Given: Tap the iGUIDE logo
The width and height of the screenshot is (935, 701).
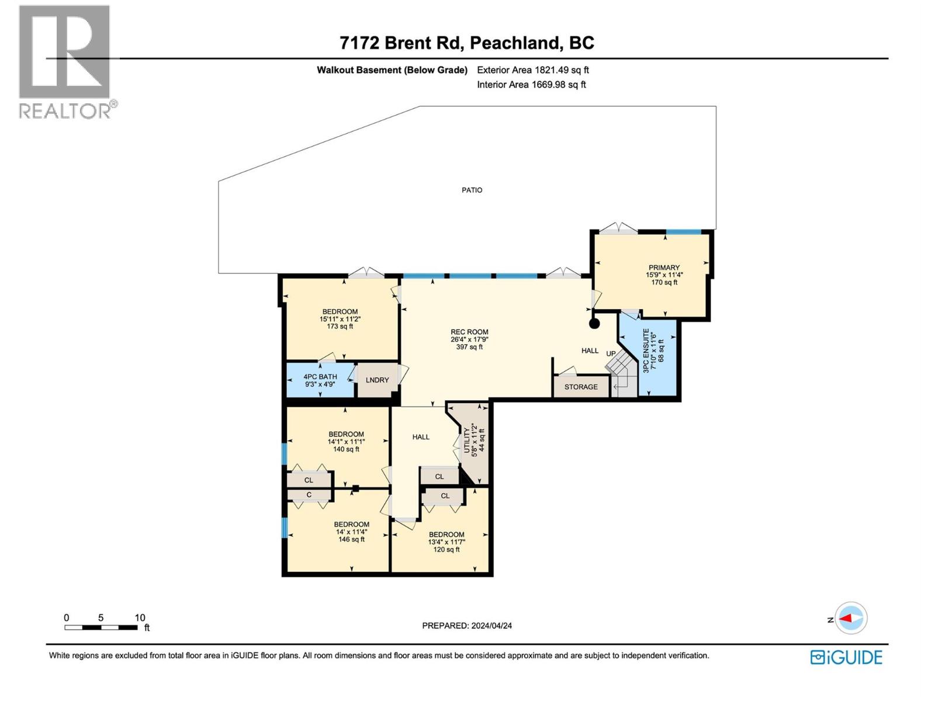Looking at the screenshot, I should click(846, 657).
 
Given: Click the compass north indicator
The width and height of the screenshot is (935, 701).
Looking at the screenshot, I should click(850, 618).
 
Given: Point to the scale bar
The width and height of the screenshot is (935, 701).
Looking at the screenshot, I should click(102, 627).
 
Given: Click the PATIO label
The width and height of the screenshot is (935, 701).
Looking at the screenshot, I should click(472, 190).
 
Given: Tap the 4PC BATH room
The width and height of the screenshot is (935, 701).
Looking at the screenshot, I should click(320, 380).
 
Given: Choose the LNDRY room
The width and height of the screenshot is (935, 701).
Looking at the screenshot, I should click(377, 380).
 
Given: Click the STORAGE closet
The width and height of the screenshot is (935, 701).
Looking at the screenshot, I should click(581, 387).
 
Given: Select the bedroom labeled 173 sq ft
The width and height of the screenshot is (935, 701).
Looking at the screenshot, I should click(340, 318).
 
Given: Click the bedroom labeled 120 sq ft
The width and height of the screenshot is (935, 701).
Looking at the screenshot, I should click(446, 542).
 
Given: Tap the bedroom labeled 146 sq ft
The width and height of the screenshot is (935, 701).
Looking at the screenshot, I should click(351, 532).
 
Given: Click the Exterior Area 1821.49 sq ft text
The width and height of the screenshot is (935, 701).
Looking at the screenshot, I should click(532, 70).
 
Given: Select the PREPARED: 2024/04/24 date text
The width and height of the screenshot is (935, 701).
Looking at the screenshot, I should click(467, 626).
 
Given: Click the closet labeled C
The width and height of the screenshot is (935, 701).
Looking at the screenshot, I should click(309, 495).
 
